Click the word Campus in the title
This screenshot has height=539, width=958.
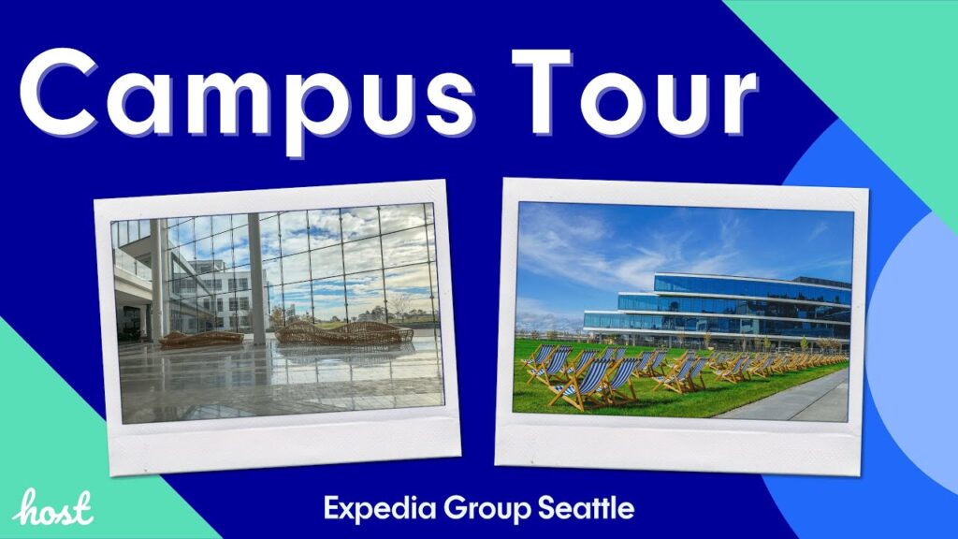point(247,97)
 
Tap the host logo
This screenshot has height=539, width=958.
point(53,507)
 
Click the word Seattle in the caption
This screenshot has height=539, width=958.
point(587,508)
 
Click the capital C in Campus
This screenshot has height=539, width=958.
point(59,93)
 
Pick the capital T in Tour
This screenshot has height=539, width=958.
point(542,92)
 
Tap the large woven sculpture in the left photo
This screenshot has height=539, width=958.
point(343,332)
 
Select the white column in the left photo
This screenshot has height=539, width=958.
point(257,279)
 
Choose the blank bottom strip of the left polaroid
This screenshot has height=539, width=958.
point(284,443)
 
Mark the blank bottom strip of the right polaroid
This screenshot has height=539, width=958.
point(678,446)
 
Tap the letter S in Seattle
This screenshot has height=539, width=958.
point(546,508)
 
